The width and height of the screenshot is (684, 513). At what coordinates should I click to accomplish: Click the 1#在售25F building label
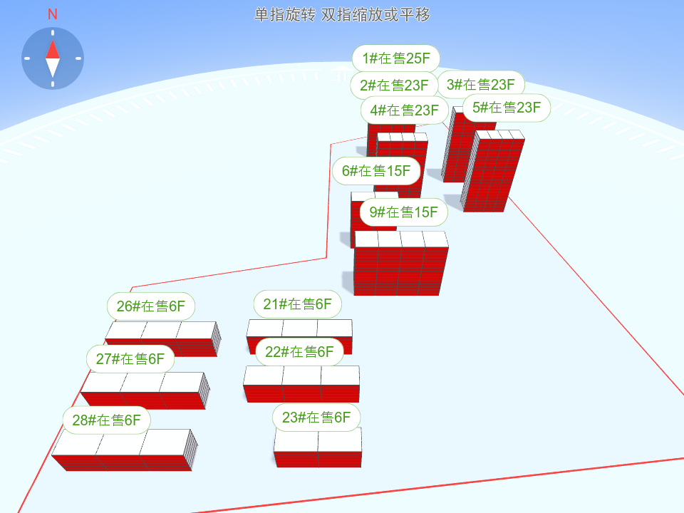(x=396, y=58)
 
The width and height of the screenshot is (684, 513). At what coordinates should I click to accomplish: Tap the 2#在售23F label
(x=394, y=85)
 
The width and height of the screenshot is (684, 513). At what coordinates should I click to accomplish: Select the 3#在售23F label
(x=480, y=85)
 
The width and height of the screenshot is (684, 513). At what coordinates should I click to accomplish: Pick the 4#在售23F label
(x=405, y=110)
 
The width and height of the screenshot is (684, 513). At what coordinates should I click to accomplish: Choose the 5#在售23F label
(x=507, y=108)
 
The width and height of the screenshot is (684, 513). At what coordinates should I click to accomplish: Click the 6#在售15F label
(x=376, y=171)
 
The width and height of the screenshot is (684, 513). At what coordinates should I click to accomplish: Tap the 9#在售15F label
(x=403, y=212)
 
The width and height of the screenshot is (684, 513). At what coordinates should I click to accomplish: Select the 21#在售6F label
(x=297, y=305)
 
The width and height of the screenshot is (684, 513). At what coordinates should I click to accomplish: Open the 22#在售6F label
(x=299, y=351)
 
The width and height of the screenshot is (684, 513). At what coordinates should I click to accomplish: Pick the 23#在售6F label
(x=316, y=418)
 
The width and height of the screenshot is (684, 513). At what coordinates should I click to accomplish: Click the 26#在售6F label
(x=151, y=306)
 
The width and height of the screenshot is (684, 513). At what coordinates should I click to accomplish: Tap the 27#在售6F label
(x=130, y=359)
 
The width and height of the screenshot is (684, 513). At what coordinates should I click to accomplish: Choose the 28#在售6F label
(x=106, y=420)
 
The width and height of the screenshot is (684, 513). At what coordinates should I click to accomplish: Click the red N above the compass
(x=53, y=14)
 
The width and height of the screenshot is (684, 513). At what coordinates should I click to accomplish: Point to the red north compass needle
(x=53, y=48)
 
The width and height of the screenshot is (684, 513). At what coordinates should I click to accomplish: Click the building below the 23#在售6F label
(x=318, y=449)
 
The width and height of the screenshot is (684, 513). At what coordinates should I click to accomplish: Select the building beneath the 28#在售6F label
(x=123, y=452)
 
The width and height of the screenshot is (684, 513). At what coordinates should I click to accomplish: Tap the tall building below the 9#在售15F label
(x=401, y=264)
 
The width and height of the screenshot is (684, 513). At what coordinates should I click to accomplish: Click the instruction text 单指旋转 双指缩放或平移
(x=342, y=15)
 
